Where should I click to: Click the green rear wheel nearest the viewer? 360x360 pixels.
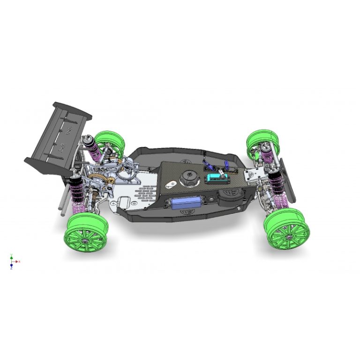(x=86, y=232)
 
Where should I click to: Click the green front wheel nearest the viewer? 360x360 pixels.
(x=287, y=228)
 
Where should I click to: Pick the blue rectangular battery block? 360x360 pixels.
(x=186, y=202)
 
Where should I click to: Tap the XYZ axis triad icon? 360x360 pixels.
(x=12, y=261)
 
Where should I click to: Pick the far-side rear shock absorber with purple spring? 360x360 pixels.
(x=93, y=146)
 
